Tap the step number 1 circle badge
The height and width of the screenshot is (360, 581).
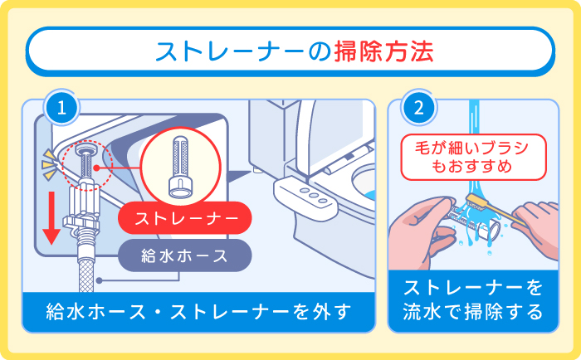(62, 107)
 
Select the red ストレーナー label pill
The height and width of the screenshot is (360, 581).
(183, 219)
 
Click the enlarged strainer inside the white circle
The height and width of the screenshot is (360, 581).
(181, 163)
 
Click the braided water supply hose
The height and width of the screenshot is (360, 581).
(85, 257)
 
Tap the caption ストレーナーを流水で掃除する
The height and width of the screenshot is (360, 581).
(473, 300)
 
